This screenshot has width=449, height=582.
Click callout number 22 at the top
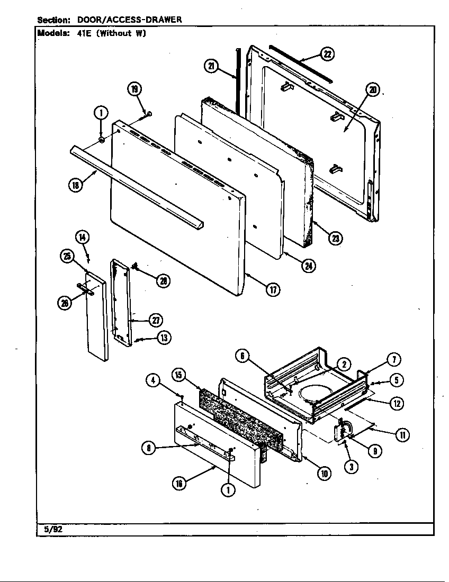328,53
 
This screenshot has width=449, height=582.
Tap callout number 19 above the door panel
134,89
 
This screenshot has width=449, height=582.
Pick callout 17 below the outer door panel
273,289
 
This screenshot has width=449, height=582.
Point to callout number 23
335,239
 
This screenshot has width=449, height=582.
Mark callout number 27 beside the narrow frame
155,320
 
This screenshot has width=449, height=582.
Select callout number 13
164,338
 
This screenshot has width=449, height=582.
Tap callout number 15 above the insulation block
178,375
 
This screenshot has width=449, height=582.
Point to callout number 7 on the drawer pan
394,360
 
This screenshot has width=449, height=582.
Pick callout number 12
397,403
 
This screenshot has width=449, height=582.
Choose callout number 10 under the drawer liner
324,474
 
